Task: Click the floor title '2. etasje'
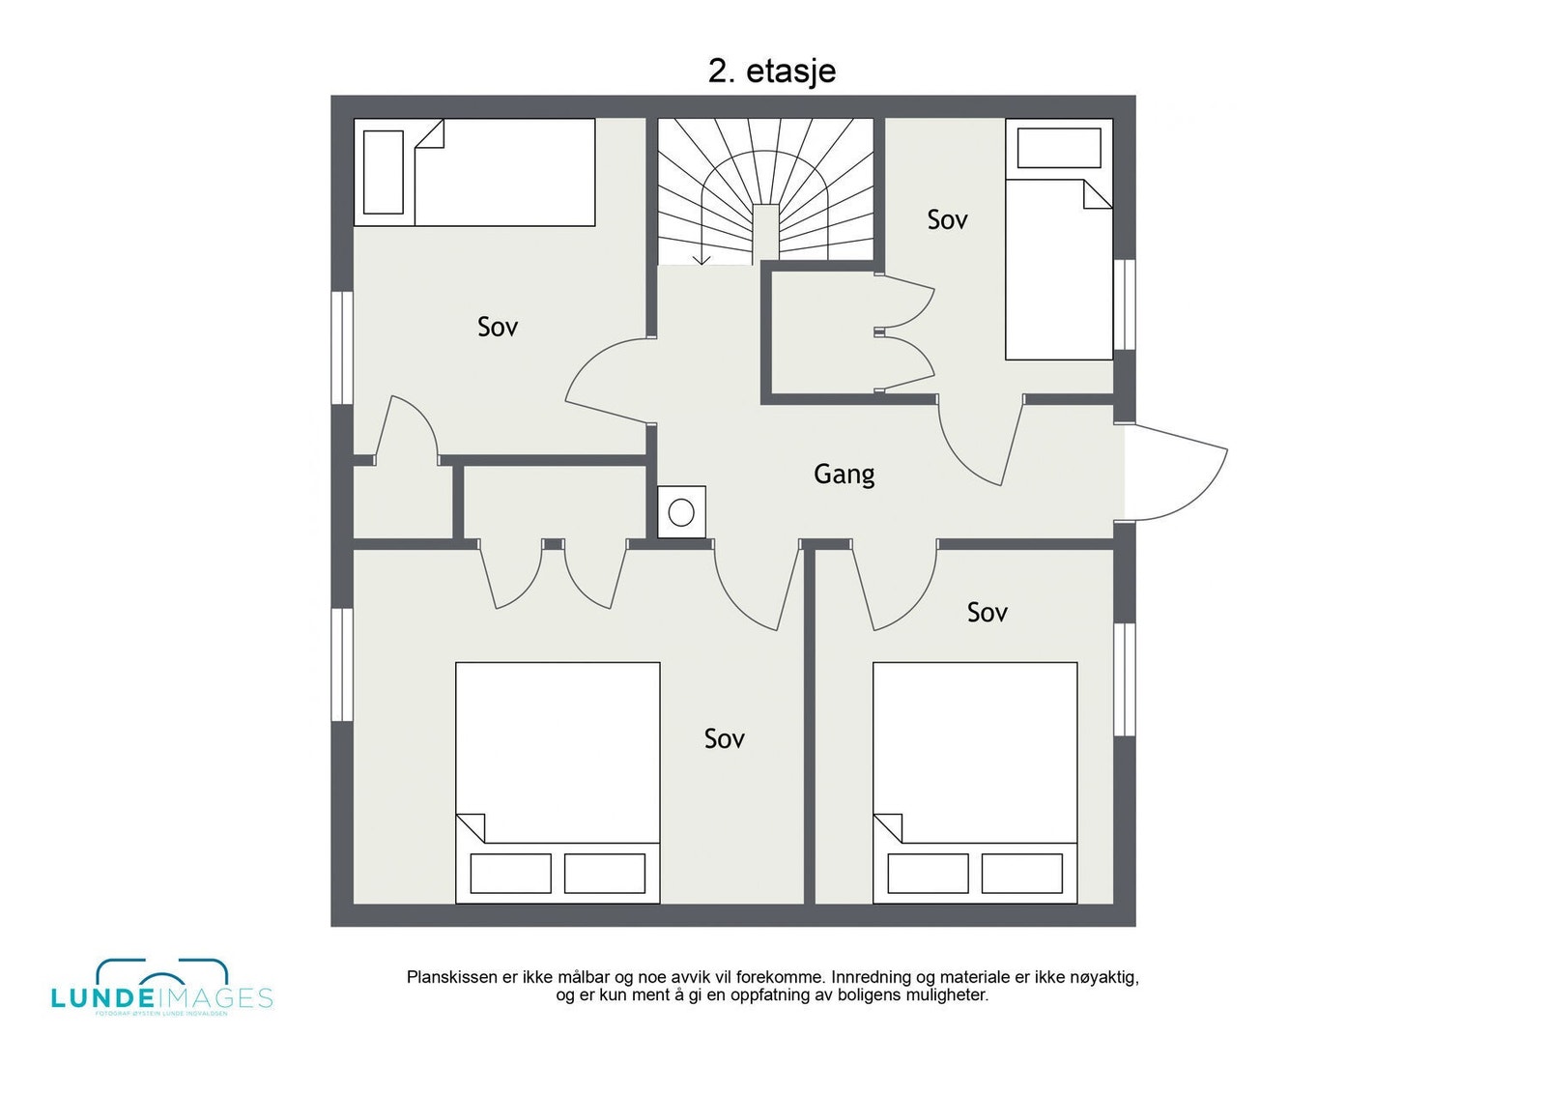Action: tap(771, 72)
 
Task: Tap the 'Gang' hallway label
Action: tap(844, 474)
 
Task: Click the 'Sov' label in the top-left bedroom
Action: tap(498, 327)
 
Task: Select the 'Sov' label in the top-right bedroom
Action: tap(947, 220)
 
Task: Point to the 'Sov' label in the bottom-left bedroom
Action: tap(724, 739)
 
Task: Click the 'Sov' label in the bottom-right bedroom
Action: tap(987, 612)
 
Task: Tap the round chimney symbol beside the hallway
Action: tap(681, 512)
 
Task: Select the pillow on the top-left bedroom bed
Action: tap(383, 172)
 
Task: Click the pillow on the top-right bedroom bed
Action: tap(1059, 149)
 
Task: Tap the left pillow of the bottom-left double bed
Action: tap(510, 874)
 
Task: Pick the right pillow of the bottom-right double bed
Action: tap(1022, 874)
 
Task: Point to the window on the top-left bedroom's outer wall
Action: tap(342, 347)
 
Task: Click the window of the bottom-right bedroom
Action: tap(1124, 678)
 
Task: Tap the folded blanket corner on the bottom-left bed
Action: tap(471, 827)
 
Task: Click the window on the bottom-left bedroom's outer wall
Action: tap(342, 664)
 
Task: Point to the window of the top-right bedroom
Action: tap(1124, 304)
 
